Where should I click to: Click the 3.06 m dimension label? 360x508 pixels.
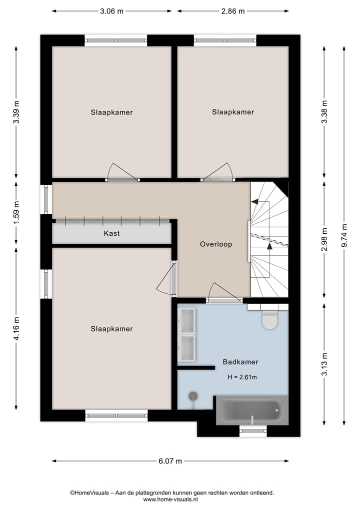[x=112, y=11]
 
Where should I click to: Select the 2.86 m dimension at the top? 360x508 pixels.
[x=232, y=11]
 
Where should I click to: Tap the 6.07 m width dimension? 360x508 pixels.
[x=170, y=461]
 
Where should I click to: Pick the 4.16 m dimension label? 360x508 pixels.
[x=17, y=329]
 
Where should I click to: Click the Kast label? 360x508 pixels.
[x=111, y=233]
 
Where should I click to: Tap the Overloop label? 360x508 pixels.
[x=216, y=244]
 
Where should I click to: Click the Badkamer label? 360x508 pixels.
[x=240, y=362]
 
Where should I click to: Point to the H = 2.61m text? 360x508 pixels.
[x=242, y=377]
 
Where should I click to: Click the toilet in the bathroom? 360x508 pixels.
[x=269, y=320]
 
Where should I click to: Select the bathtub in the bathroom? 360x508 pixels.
[x=252, y=410]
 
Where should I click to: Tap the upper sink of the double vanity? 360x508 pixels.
[x=187, y=321]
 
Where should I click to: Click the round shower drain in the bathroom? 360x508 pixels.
[x=192, y=396]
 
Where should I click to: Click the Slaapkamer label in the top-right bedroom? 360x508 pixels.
[x=233, y=112]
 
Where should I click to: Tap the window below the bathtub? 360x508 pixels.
[x=253, y=430]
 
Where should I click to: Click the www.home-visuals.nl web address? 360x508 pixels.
[x=171, y=499]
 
